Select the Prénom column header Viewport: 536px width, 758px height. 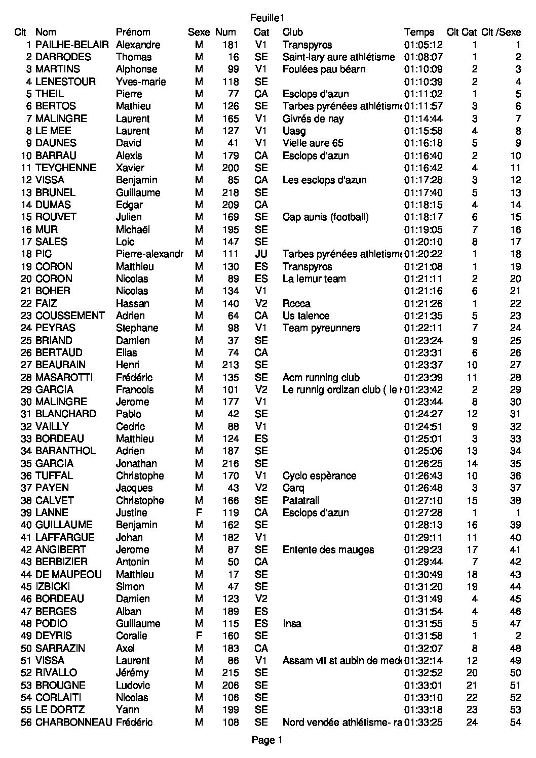(133, 32)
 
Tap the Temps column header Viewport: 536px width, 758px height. (419, 32)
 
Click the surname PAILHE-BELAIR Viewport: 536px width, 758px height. (72, 45)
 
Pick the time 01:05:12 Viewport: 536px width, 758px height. (423, 45)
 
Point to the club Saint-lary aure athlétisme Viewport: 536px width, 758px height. (338, 57)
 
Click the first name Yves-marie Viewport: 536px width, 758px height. (140, 82)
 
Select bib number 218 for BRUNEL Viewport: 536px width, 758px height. (231, 192)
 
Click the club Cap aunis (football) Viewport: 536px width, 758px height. (325, 217)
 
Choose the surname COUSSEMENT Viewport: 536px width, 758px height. (70, 315)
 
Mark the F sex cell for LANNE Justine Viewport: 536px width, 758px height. (199, 512)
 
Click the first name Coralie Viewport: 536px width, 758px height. (131, 635)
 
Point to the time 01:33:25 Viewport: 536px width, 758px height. (423, 722)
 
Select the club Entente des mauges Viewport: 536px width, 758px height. (328, 549)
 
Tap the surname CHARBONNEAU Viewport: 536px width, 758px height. (73, 722)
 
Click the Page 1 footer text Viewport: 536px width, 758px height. (267, 740)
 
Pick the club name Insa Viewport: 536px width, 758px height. (292, 623)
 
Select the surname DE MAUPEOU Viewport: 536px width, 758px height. (68, 574)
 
